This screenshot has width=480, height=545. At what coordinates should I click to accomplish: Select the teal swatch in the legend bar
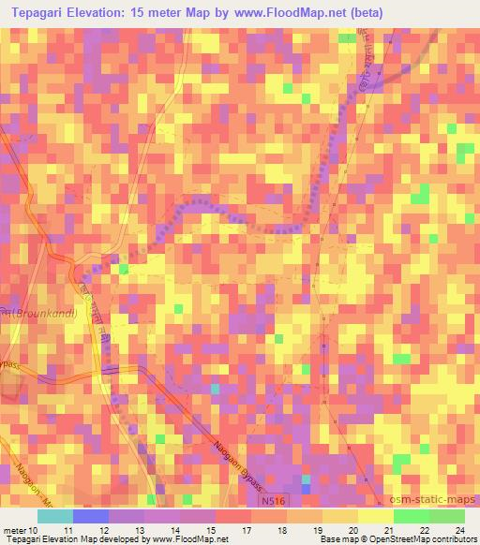click(55, 516)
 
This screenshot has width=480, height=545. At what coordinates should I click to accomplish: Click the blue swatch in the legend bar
click(89, 516)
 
